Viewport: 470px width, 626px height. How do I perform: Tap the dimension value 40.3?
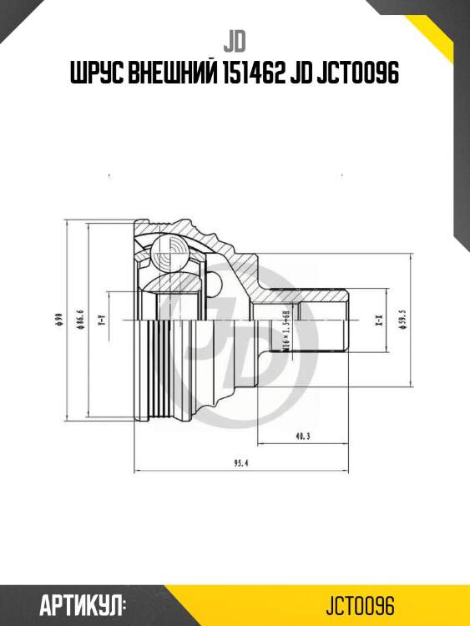pos(302,436)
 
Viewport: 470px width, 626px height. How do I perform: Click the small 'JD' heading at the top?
pos(235,41)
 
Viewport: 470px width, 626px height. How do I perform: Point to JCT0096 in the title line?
pos(364,74)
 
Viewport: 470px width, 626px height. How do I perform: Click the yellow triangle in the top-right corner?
pos(447,33)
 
